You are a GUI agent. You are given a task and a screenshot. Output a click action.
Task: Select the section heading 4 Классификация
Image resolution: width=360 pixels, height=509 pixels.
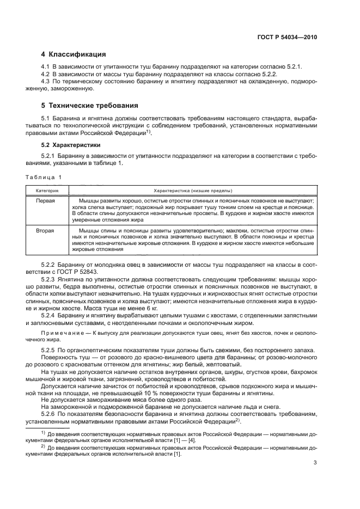pos(74,54)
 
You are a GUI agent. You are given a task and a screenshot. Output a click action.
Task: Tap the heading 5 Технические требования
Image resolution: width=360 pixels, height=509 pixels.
pos(90,105)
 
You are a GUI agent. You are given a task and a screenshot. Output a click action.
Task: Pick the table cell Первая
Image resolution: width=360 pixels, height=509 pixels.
pos(45,201)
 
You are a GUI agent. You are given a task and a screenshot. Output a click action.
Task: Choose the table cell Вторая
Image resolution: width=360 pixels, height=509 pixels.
pos(45,231)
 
